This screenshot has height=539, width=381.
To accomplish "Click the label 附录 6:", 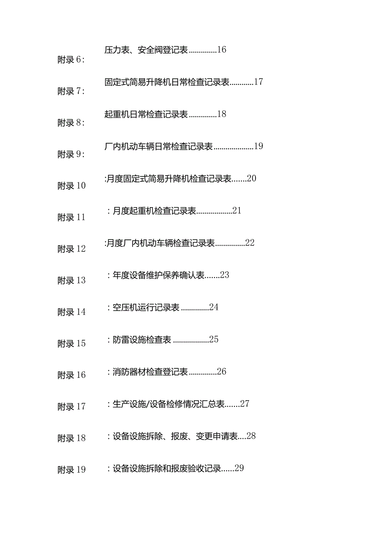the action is [71, 60].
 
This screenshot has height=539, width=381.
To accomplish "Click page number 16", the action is [222, 50].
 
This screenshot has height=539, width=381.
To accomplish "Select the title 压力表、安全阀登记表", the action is [146, 50].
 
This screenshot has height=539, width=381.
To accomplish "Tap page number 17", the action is [258, 82].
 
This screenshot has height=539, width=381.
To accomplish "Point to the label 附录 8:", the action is [71, 123].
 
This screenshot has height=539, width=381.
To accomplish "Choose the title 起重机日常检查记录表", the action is [146, 114].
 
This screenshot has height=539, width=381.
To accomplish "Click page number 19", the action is [258, 146].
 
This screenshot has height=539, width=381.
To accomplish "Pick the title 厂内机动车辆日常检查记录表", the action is [159, 147].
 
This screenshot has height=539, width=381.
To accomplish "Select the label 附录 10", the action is [72, 186].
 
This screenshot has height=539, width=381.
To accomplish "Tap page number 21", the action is [237, 210].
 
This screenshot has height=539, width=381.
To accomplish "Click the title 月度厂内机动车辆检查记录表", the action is [161, 243].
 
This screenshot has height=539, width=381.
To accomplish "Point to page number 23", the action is [225, 275].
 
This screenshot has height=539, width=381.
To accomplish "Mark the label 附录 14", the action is [72, 312].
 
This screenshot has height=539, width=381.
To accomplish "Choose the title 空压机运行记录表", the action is [146, 307].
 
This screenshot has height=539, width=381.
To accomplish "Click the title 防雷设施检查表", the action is [142, 340].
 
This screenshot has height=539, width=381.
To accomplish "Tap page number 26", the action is [222, 371].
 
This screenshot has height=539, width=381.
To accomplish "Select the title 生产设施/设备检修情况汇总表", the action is [169, 404].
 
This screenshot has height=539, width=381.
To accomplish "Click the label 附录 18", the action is [72, 438].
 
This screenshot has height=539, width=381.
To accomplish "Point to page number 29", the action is [239, 468].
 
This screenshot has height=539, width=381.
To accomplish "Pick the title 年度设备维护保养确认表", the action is [158, 276].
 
